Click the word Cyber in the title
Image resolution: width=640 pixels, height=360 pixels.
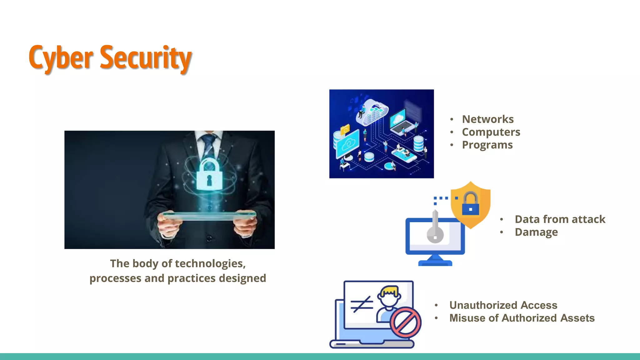61,58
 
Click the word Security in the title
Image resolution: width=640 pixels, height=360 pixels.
146,58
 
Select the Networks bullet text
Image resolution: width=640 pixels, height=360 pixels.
487,119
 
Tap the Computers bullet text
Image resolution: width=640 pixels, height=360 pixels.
491,132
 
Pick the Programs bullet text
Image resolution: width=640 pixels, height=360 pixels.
487,145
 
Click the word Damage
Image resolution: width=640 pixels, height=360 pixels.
536,232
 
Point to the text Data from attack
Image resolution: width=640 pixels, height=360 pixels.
560,219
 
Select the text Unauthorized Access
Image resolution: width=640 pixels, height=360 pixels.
503,305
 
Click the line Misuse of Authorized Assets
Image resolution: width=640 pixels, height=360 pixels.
522,318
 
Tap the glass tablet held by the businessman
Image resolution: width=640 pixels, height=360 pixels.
209,215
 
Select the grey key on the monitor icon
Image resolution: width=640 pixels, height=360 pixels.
435,228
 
